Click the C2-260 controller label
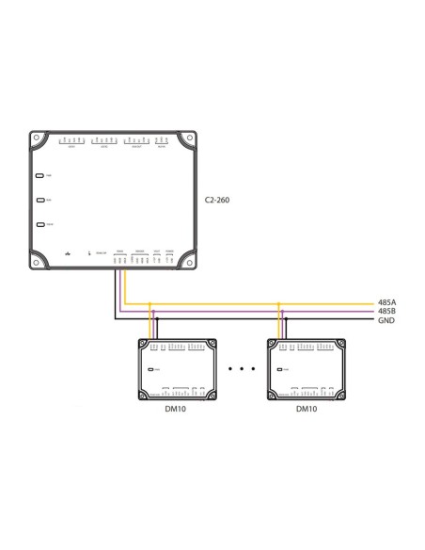tap(218, 201)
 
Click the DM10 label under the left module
tap(173, 411)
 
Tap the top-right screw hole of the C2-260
tap(189, 139)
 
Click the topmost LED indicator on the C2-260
tap(39, 176)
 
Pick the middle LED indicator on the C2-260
tap(39, 200)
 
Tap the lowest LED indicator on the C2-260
tap(39, 224)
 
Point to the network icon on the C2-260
tap(67, 253)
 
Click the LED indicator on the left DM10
tap(150, 372)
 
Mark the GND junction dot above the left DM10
tap(157, 321)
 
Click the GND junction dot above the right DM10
tap(288, 321)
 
